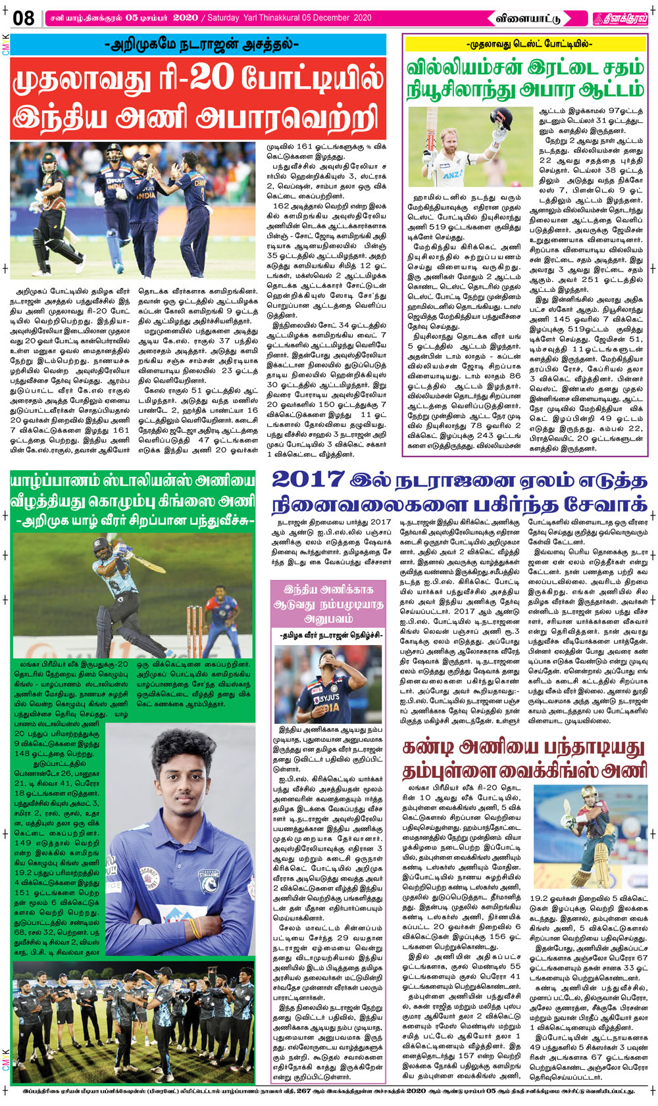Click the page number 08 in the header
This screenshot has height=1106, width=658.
pos(23,18)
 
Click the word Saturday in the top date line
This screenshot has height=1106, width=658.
pos(227,18)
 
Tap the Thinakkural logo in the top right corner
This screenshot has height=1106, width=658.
pos(620,18)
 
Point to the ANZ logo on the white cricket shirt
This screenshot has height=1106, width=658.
pos(452,176)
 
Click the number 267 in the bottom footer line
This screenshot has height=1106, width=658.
pos(304,1091)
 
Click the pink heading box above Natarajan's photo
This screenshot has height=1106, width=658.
pos(328,604)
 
